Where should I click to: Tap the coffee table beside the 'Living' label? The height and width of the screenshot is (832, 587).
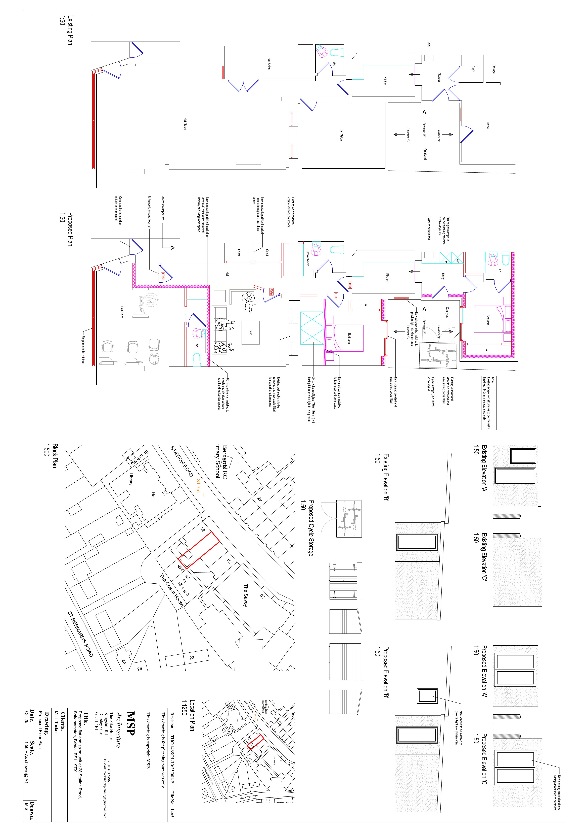tap(251, 332)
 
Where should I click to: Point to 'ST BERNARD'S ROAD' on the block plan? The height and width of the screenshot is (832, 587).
tap(80, 634)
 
